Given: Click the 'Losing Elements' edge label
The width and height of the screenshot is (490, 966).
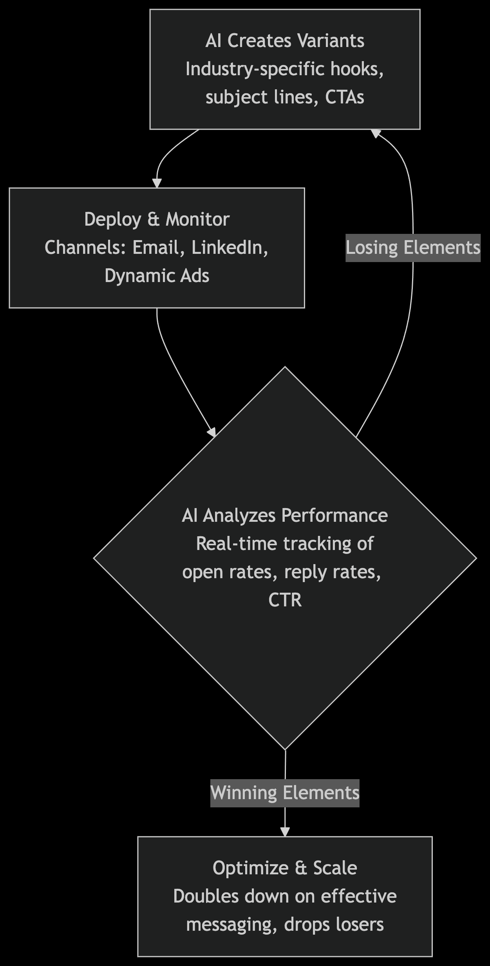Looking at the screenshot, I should click(413, 248).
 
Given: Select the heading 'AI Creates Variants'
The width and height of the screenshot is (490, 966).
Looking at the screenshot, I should click(285, 41).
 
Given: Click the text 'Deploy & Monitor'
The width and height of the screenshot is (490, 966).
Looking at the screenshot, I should click(157, 219).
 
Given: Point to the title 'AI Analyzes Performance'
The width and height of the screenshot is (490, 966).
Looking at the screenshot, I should click(285, 515).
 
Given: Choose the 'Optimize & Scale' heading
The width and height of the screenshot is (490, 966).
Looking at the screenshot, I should click(285, 868).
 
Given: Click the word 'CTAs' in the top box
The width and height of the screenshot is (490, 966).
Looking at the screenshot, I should click(345, 97).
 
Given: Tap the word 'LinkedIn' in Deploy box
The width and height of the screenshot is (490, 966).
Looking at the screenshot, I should click(230, 248).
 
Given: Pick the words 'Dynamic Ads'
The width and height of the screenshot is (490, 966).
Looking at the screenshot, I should click(157, 276).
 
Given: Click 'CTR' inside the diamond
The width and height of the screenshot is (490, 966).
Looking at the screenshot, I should click(285, 600).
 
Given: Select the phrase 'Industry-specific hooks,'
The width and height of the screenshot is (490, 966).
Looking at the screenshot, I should click(285, 69).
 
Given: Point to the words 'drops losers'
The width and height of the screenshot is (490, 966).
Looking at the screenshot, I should click(334, 924).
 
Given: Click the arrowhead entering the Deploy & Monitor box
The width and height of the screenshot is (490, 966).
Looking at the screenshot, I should click(157, 183).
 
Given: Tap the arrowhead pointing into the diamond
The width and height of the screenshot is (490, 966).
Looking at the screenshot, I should click(212, 432).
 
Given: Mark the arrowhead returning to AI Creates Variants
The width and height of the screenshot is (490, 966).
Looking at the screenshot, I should click(376, 133).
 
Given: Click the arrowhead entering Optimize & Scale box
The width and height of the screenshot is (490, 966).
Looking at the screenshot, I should click(285, 832).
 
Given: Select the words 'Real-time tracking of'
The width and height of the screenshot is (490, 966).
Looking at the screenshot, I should click(285, 544).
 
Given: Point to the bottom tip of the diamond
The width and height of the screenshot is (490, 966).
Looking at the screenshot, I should click(285, 749).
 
